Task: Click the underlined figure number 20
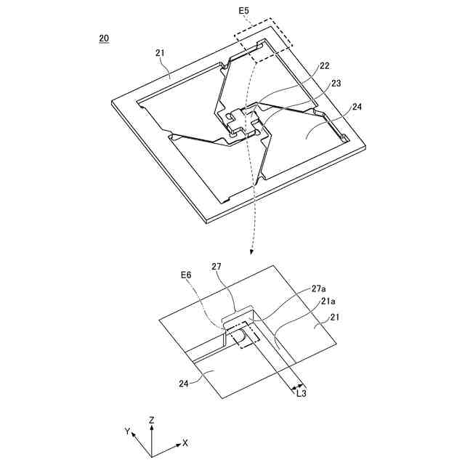[x=105, y=38]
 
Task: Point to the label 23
[x=336, y=84]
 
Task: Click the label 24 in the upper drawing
[x=357, y=108]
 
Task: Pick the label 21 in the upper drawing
[x=161, y=52]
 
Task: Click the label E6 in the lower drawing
[x=187, y=275]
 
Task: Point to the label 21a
[x=328, y=301]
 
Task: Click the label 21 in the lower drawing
[x=333, y=317]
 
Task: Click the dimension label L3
[x=302, y=393]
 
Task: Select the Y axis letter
[x=127, y=432]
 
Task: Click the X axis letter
[x=185, y=442]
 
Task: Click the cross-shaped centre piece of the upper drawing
[x=243, y=121]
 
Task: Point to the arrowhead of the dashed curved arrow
[x=251, y=252]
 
